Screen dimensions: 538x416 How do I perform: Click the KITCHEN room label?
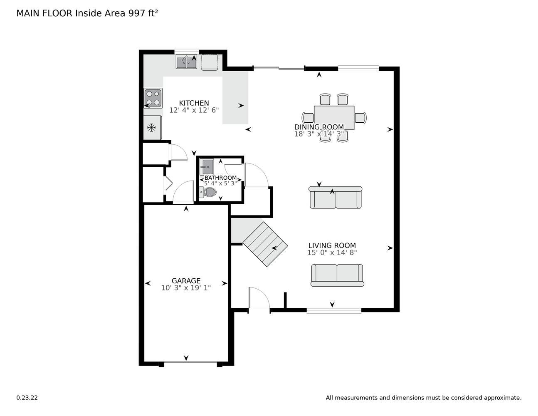pos(194,103)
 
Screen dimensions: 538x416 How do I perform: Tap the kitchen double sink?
pos(186,62)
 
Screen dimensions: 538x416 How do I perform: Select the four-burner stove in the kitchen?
pos(153,98)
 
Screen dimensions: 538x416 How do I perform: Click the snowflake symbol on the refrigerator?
pos(151,128)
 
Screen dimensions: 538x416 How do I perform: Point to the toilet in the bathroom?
pos(208,192)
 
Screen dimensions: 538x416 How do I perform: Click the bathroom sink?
pos(207,167)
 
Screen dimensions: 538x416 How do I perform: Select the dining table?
pos(334,118)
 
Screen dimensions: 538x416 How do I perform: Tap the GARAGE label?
pos(186,281)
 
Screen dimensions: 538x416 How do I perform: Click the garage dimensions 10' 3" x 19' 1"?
pos(186,288)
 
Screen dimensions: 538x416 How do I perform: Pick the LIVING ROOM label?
pos(332,245)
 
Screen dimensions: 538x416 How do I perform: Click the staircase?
pos(265,244)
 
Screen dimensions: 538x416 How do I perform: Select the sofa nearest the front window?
pos(337,275)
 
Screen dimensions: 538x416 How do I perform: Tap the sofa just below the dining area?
pos(336,197)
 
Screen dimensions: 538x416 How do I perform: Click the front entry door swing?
pos(259,297)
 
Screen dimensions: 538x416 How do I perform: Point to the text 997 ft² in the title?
pos(143,13)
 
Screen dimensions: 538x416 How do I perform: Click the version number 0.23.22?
pos(27,398)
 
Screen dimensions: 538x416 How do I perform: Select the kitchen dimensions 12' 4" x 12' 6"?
pos(194,110)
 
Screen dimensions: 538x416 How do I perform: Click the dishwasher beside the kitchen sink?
pos(210,62)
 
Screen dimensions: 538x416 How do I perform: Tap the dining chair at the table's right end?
pos(360,118)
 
